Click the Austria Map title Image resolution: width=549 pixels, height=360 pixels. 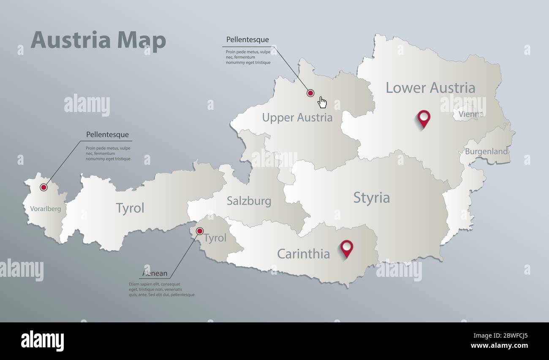[x=98, y=41]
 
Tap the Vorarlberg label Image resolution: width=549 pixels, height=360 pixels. [x=45, y=209]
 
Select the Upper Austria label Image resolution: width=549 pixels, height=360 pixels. [x=297, y=117]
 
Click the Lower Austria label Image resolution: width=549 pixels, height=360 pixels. [x=430, y=88]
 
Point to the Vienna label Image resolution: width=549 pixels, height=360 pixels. [x=470, y=114]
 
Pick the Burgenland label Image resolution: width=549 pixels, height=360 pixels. [x=486, y=151]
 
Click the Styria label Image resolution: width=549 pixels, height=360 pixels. [x=371, y=198]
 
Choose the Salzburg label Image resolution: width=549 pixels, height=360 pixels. [x=249, y=201]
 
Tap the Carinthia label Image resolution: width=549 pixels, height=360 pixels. [x=303, y=254]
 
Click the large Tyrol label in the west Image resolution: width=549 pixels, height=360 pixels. [x=130, y=208]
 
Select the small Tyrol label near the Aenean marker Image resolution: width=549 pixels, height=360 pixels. [x=215, y=238]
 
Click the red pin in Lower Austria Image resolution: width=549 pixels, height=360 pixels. [x=424, y=117]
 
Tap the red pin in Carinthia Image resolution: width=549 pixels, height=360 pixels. [x=347, y=247]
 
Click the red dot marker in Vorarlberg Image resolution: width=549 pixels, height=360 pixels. [x=43, y=187]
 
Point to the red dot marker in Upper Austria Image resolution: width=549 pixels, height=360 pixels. [x=310, y=93]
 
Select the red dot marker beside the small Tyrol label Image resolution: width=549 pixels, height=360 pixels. [x=200, y=231]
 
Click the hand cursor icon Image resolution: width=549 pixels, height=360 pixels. [x=322, y=102]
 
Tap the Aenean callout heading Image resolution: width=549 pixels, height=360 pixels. [x=155, y=273]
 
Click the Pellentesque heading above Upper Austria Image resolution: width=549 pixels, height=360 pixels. [x=247, y=40]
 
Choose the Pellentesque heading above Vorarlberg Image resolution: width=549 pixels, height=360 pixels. [x=107, y=135]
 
